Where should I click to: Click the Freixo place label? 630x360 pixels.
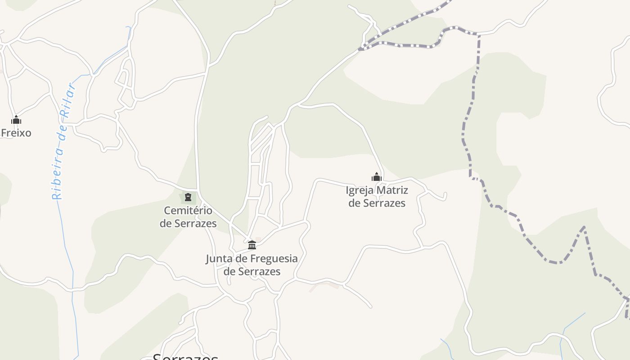[x=16, y=133]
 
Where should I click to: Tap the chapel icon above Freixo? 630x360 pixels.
[x=16, y=120]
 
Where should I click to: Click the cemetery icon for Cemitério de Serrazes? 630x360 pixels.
[x=188, y=197]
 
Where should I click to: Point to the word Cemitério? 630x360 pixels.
[x=188, y=210]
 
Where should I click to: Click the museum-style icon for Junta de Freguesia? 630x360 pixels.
[x=252, y=245]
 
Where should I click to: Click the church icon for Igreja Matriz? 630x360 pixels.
[x=377, y=177]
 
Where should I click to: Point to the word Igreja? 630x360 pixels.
[x=360, y=190]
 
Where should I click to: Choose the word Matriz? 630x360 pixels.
[x=392, y=190]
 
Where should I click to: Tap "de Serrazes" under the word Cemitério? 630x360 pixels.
[x=188, y=223]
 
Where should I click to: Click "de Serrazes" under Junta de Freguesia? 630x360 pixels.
[x=252, y=271]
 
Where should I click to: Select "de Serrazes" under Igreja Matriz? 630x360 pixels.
[x=377, y=203]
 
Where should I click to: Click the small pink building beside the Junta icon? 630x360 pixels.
[x=258, y=239]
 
